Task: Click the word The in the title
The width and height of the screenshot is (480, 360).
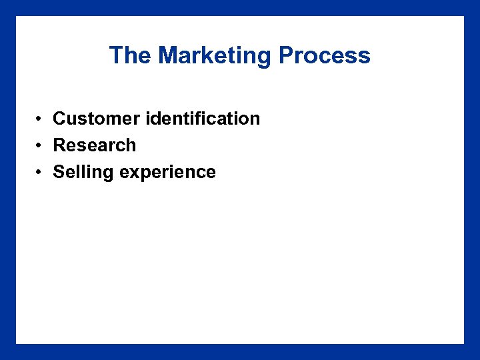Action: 130,55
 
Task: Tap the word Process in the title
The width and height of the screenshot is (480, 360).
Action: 325,55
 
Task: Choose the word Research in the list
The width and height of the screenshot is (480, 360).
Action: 94,145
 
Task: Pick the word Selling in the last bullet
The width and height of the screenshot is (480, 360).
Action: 83,172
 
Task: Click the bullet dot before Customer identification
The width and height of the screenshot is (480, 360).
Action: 41,119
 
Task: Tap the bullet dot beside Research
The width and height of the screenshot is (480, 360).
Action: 41,146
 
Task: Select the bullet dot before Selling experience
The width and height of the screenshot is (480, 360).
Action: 41,173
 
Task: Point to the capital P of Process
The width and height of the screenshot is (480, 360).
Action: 287,55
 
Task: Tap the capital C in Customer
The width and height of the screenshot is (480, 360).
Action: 59,119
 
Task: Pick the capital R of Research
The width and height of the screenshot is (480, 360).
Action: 59,145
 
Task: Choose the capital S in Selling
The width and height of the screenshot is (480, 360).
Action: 59,172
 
